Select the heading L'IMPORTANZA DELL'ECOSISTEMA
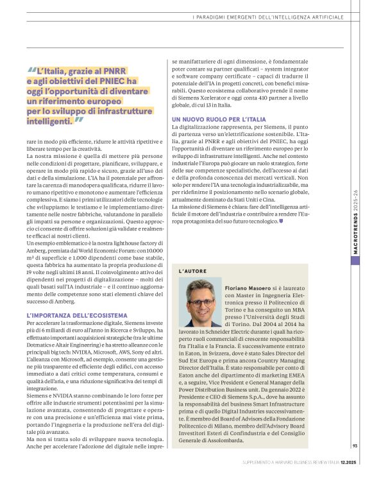(77, 315)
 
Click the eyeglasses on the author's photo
(200, 302)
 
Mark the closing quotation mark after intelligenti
(80, 120)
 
